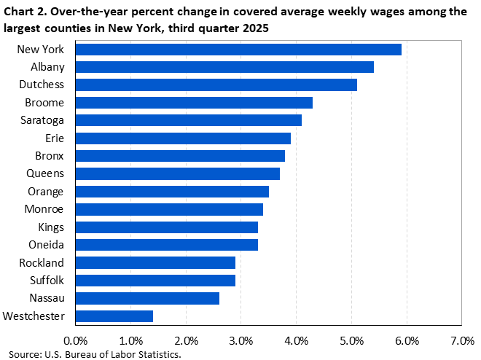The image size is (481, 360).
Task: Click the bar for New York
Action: (238, 50)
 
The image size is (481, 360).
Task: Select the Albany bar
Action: (224, 67)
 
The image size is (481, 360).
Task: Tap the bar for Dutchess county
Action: (216, 85)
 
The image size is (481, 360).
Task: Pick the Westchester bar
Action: (114, 316)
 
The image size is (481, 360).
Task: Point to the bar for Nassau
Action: (147, 298)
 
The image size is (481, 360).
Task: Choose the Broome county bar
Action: (194, 103)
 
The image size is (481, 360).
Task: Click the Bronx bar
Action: (180, 156)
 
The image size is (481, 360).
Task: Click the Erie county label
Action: (55, 138)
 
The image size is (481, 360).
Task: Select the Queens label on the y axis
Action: (46, 173)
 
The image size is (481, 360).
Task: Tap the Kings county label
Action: (50, 227)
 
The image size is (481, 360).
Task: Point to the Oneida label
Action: (47, 245)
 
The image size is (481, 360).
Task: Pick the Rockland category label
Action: (43, 262)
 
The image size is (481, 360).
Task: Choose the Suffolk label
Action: (46, 280)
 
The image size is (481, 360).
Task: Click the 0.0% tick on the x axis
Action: (76, 340)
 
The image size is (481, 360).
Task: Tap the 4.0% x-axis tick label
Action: (297, 340)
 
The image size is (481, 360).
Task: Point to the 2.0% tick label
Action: (186, 340)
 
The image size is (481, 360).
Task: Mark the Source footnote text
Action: (90, 353)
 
